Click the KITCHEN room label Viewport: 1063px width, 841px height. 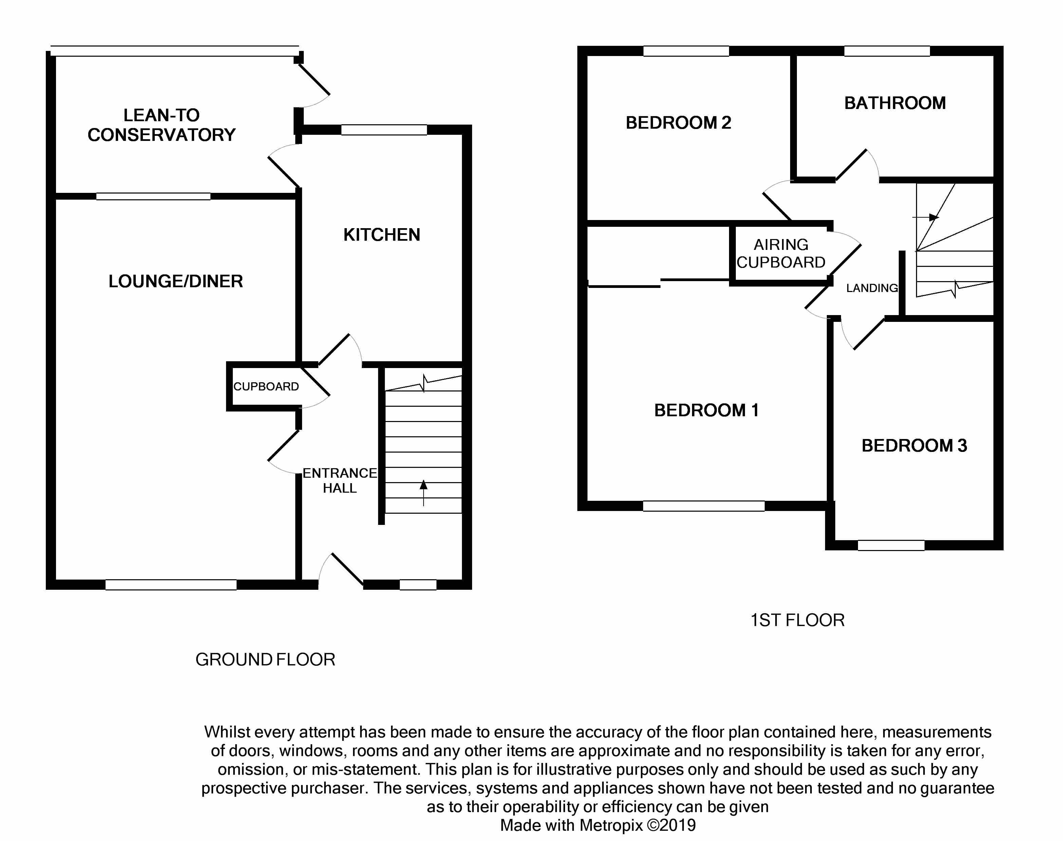click(381, 235)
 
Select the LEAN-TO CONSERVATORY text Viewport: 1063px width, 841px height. click(162, 125)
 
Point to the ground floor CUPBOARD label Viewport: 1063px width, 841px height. click(266, 386)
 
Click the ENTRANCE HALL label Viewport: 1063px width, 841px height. click(339, 480)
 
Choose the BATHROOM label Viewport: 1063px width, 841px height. click(895, 103)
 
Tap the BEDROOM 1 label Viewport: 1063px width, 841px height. click(706, 410)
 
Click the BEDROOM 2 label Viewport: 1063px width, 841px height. click(678, 123)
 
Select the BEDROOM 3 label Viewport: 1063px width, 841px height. click(914, 445)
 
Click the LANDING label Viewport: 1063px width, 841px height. click(872, 288)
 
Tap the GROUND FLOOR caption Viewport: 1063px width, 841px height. click(265, 659)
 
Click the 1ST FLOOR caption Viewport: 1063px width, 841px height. click(797, 620)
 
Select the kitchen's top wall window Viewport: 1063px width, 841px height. click(384, 130)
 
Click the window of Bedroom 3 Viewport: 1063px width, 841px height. click(891, 545)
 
